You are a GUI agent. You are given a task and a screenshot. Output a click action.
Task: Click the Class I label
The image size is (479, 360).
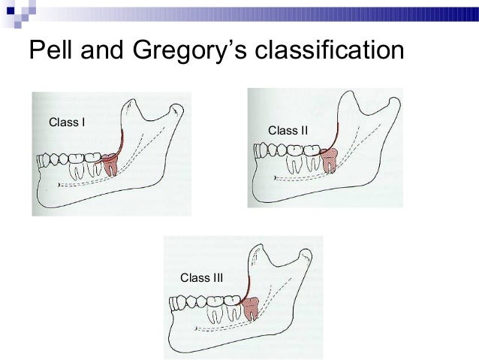[x=65, y=121]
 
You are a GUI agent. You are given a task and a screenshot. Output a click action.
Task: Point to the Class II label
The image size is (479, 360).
[x=288, y=130]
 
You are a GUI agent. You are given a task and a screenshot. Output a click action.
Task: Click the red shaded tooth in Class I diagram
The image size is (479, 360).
[x=110, y=163]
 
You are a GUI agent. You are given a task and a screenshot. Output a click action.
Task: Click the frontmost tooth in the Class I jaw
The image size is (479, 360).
[x=44, y=160]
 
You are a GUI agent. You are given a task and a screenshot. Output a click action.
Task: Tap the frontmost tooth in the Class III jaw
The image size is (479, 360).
[x=176, y=304]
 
